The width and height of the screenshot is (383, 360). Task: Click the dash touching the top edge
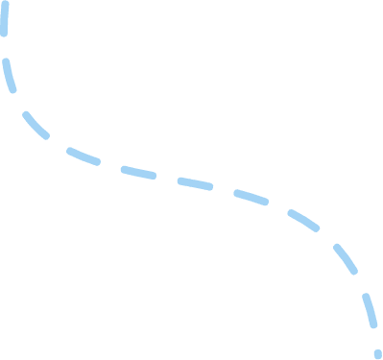pyautogui.click(x=4, y=17)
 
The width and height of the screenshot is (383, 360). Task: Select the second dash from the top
pyautogui.click(x=9, y=76)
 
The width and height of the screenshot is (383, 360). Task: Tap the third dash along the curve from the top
pyautogui.click(x=36, y=125)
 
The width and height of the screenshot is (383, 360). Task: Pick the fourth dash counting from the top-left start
pyautogui.click(x=83, y=155)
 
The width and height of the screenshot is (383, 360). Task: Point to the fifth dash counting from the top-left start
pyautogui.click(x=137, y=172)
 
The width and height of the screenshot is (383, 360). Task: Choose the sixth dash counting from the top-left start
pyautogui.click(x=194, y=182)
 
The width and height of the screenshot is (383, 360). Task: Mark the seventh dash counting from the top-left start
pyautogui.click(x=251, y=197)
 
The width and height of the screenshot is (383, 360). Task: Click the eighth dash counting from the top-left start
pyautogui.click(x=302, y=220)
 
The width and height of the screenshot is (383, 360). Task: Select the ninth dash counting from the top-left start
pyautogui.click(x=344, y=259)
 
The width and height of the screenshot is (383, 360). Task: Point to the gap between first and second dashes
pyautogui.click(x=5, y=47)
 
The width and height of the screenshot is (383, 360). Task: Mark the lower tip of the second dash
pyautogui.click(x=13, y=91)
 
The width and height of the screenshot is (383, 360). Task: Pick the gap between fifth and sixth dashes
pyautogui.click(x=165, y=178)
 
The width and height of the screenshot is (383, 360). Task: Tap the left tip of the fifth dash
pyautogui.click(x=123, y=169)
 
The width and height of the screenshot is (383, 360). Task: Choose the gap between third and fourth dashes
pyautogui.click(x=57, y=143)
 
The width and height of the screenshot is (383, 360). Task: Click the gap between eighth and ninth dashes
pyautogui.click(x=325, y=237)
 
